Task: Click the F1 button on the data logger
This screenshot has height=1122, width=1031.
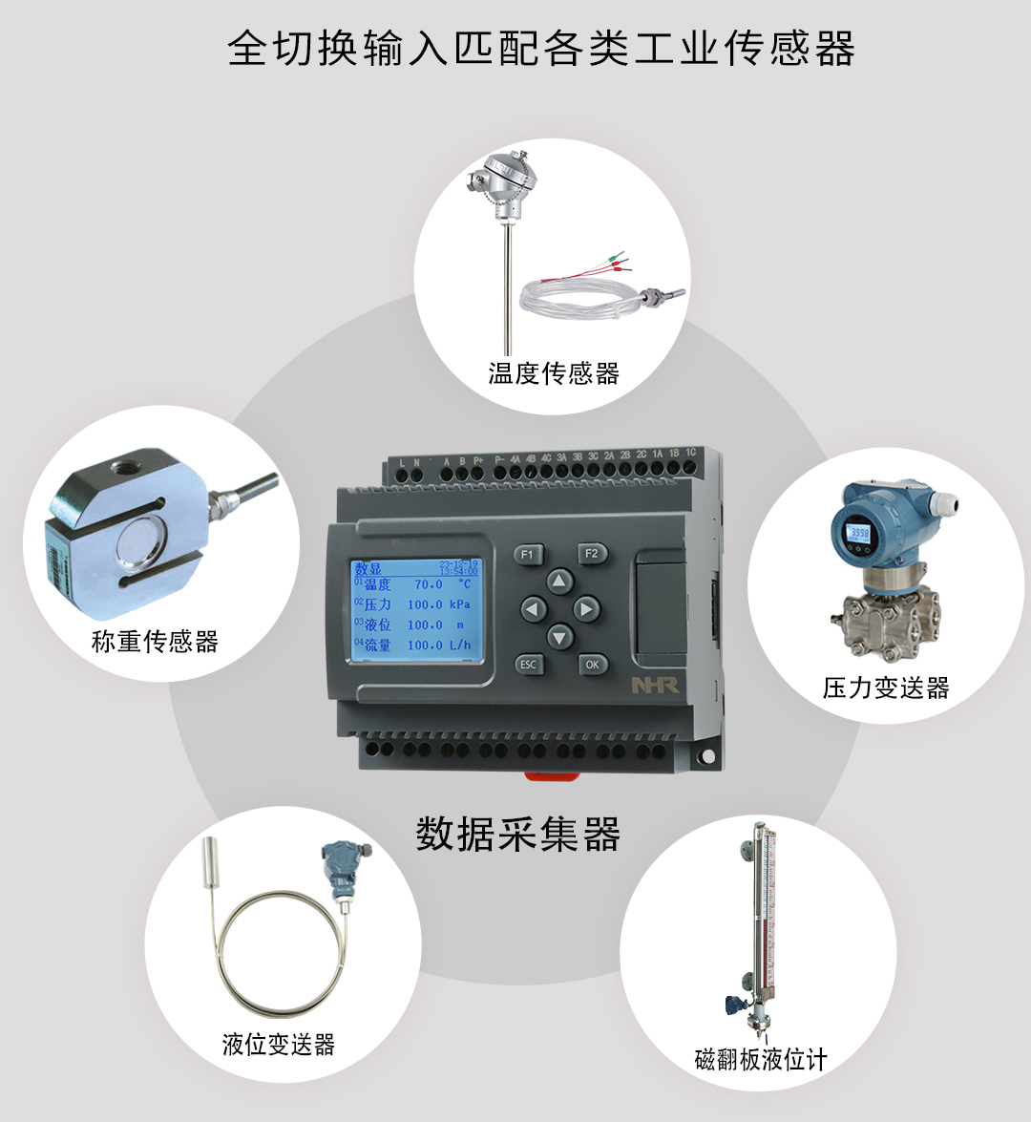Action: tap(528, 555)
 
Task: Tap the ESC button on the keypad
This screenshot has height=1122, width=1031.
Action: tap(528, 665)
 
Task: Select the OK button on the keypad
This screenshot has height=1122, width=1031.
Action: tap(592, 665)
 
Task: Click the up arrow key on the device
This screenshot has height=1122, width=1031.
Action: tap(559, 582)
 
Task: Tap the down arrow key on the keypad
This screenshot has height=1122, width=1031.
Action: tap(559, 636)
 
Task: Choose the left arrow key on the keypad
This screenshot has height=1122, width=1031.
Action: tap(533, 609)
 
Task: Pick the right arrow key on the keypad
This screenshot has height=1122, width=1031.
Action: tap(586, 609)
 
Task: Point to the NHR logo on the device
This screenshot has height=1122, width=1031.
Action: tap(654, 686)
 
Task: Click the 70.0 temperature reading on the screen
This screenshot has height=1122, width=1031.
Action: tap(428, 584)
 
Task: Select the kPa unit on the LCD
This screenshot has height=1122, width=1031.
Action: tap(460, 604)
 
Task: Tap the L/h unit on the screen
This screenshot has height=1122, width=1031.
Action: tap(460, 645)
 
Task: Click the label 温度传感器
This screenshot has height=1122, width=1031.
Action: tap(554, 372)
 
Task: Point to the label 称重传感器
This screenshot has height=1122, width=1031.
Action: tap(155, 641)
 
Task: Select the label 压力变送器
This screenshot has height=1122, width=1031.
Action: tap(886, 688)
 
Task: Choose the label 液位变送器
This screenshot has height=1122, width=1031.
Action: tap(279, 1044)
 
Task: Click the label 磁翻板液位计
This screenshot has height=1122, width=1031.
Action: tap(761, 1059)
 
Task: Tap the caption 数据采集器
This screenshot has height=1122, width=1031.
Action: tap(518, 834)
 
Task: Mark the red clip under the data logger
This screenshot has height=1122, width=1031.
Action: tap(553, 774)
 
